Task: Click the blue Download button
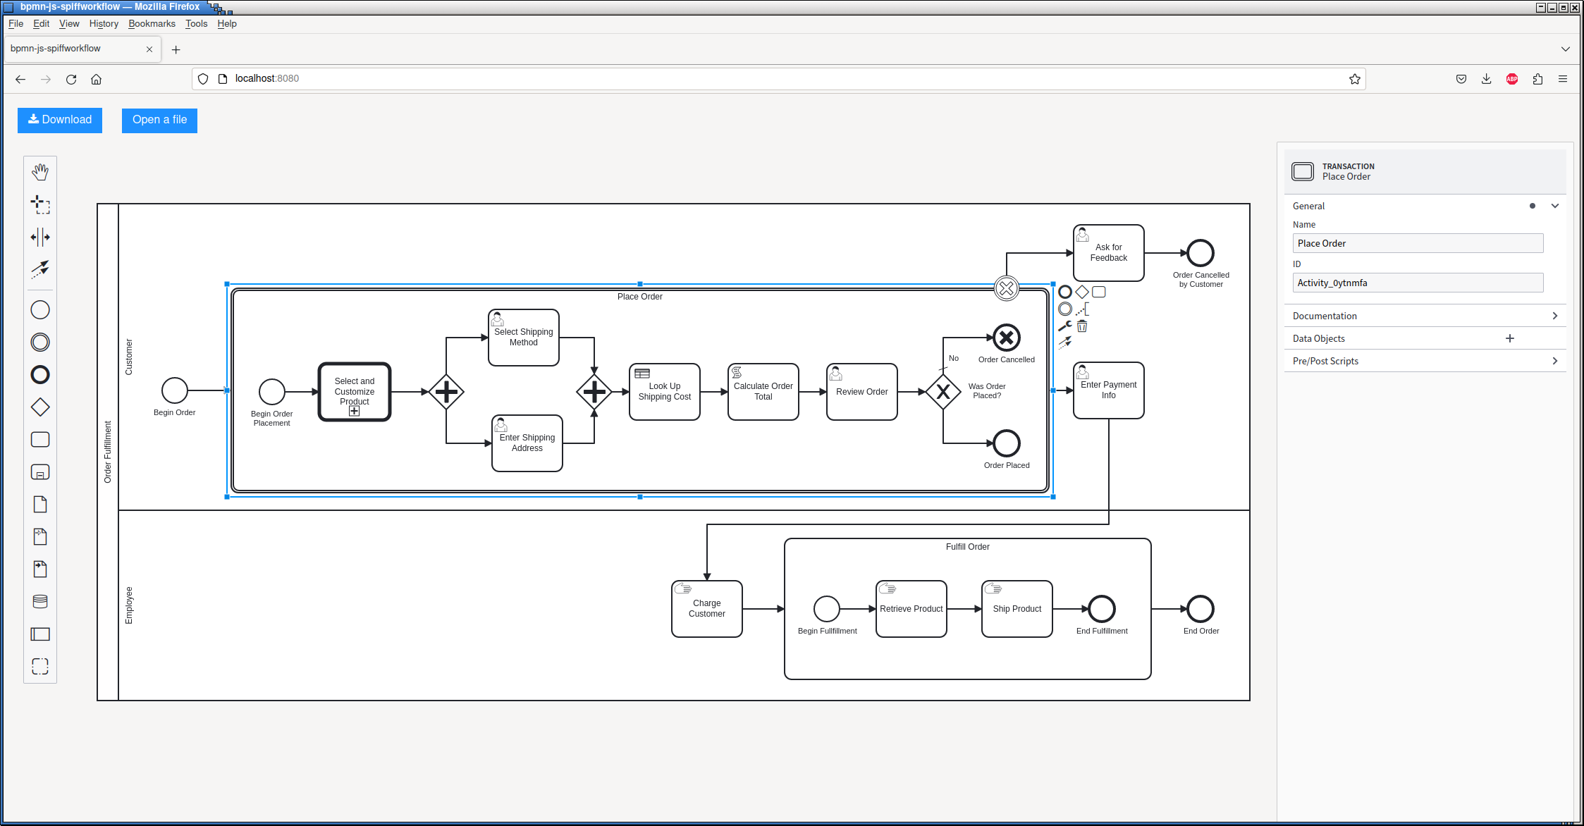tap(60, 120)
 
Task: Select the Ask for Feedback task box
tap(1108, 253)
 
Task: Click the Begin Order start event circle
tap(175, 390)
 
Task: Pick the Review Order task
tap(861, 392)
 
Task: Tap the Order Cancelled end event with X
tap(1007, 338)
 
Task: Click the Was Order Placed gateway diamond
tap(943, 392)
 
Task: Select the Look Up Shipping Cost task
tap(664, 392)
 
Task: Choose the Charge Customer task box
tap(706, 609)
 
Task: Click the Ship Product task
tap(1017, 609)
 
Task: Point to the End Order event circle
tap(1201, 609)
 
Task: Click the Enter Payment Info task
tap(1108, 390)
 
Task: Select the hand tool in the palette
tap(40, 172)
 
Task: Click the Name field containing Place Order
tap(1418, 243)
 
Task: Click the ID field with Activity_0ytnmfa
tap(1418, 283)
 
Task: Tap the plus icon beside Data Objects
tap(1510, 338)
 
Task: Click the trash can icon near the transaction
tap(1082, 326)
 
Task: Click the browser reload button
tap(71, 79)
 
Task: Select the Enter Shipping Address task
tap(527, 443)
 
